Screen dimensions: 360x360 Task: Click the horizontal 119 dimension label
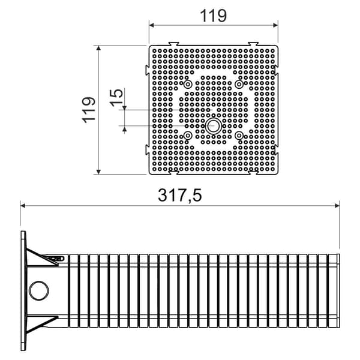tap(213, 16)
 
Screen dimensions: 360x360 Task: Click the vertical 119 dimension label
tap(89, 110)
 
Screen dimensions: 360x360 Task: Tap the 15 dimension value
tap(116, 98)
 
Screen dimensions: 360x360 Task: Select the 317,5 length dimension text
tap(180, 195)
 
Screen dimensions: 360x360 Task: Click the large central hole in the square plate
tap(214, 126)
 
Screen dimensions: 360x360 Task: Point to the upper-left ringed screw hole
tap(188, 84)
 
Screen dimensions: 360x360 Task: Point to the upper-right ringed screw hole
tap(239, 84)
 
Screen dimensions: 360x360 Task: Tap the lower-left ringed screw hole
tap(188, 136)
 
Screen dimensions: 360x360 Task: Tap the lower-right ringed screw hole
tap(239, 136)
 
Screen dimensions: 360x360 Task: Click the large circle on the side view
tap(39, 290)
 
